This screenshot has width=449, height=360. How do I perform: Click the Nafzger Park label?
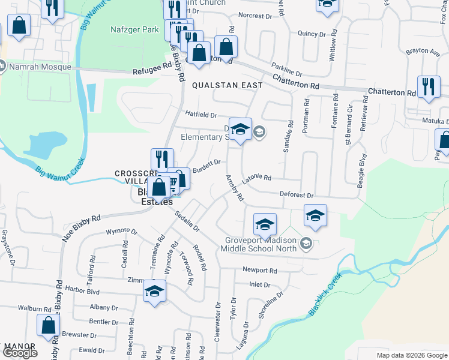coord(134,29)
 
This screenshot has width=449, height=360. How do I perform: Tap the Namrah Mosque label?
coord(32,65)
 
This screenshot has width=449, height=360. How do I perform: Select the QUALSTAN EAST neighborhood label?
coord(227,86)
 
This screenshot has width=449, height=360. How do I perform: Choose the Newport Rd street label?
coord(259,271)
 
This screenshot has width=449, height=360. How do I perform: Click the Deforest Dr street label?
coord(297,195)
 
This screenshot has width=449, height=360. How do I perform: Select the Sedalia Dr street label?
coord(187,221)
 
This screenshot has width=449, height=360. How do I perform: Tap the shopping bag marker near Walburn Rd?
coord(48,325)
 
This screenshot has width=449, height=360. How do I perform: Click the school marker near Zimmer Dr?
coord(154,292)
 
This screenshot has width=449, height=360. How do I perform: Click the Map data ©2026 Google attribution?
coord(411,355)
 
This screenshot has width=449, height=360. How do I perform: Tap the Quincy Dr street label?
coord(310,34)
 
